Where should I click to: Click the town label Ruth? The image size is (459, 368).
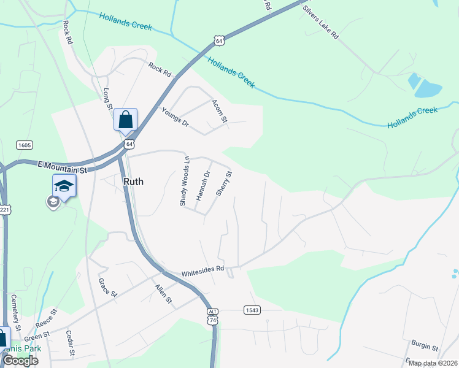pyautogui.click(x=134, y=182)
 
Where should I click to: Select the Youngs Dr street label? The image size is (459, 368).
pyautogui.click(x=175, y=117)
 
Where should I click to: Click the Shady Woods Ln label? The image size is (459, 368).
pyautogui.click(x=184, y=181)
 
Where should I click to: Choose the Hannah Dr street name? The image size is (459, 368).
pyautogui.click(x=203, y=185)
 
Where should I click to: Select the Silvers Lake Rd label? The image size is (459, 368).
pyautogui.click(x=320, y=23)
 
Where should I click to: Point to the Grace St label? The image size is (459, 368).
pyautogui.click(x=107, y=287)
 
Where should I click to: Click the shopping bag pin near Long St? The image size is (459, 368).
pyautogui.click(x=126, y=120)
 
